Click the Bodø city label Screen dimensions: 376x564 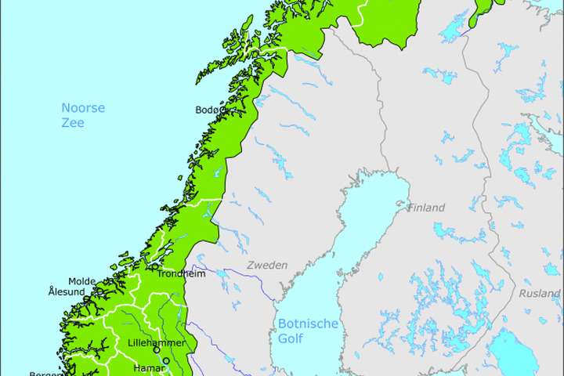click(208, 110)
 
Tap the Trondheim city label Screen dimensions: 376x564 click(181, 274)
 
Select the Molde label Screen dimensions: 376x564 click(81, 281)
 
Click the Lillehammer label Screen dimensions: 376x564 click(156, 343)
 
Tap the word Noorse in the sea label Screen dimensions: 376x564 click(83, 108)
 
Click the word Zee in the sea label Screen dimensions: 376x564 click(73, 123)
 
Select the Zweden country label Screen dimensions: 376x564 click(267, 266)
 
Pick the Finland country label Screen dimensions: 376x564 click(426, 208)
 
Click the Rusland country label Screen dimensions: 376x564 click(540, 294)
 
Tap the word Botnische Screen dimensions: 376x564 click(309, 324)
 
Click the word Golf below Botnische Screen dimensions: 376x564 click(291, 338)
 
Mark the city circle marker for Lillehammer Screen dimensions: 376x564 click(157, 350)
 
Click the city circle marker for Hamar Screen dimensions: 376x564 click(165, 361)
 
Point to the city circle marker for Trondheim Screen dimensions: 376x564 click(154, 266)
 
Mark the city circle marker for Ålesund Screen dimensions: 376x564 click(87, 298)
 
